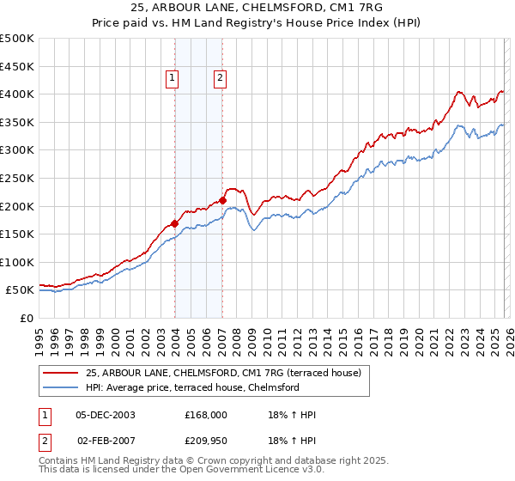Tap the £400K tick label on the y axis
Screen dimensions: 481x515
point(18,94)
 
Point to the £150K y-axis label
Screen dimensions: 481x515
point(18,234)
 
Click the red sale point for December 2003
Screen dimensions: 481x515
point(175,223)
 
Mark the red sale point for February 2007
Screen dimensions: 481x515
point(222,201)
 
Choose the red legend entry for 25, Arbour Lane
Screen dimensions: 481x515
point(228,373)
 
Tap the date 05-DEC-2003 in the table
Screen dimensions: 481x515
point(106,415)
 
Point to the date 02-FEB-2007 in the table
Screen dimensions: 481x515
point(106,440)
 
